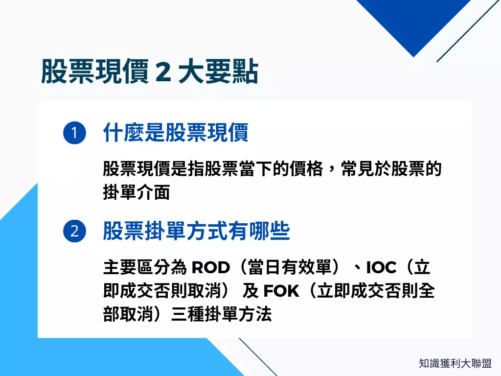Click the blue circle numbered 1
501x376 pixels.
(74, 134)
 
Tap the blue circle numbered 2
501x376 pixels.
(74, 231)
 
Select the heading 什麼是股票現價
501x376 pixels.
(176, 133)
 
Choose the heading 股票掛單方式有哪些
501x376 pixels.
(196, 231)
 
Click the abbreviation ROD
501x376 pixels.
(210, 268)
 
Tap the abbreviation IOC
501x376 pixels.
(381, 268)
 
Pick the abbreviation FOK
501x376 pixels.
(281, 291)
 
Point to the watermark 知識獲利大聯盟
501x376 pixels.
(455, 363)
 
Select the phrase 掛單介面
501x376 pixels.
(137, 192)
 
